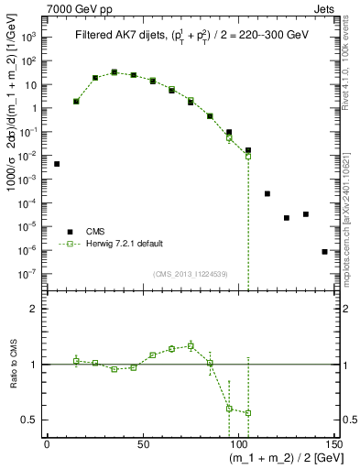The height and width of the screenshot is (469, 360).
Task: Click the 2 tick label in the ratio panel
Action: [33, 310]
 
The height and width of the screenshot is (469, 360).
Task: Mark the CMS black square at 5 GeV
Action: [57, 164]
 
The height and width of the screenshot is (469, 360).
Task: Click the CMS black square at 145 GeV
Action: [324, 251]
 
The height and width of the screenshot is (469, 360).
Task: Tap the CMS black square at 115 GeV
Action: [267, 194]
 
